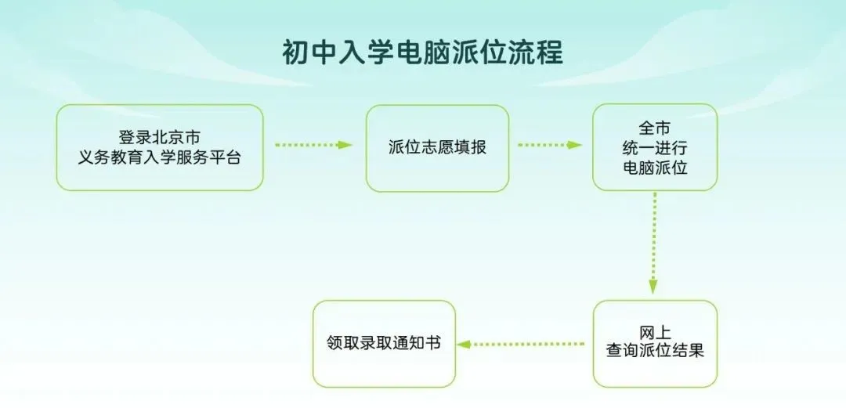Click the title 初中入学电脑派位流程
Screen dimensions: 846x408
[422, 53]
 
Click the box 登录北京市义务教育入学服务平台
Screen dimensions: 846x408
[160, 147]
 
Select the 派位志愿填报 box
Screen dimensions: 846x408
[438, 148]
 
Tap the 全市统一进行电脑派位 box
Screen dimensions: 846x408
[655, 147]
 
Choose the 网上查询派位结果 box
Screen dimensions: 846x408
[655, 344]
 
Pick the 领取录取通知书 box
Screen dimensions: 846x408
[384, 344]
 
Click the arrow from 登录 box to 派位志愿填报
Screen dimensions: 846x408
[313, 145]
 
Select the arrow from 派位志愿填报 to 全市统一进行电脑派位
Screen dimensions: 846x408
[550, 145]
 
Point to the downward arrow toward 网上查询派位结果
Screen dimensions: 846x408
[653, 243]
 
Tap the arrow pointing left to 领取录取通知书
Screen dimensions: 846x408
[521, 344]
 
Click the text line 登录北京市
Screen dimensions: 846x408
[160, 137]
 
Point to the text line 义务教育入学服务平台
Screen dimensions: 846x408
[160, 158]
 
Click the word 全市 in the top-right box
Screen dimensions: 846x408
[655, 128]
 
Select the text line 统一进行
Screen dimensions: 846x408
[655, 148]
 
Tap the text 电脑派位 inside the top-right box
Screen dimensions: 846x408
[655, 168]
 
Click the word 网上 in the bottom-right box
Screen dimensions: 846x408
[655, 332]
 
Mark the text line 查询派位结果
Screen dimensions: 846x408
[655, 352]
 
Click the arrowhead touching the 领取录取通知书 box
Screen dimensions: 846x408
[464, 344]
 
